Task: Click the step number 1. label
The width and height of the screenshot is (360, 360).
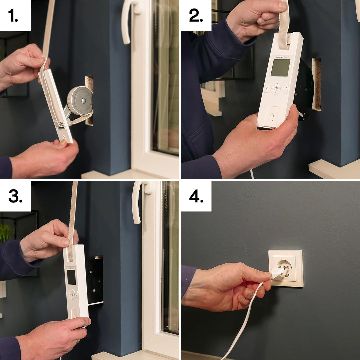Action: coord(14,16)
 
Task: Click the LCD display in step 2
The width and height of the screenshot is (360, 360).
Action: coord(280,68)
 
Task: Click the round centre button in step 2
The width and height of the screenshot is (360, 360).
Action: coord(276,88)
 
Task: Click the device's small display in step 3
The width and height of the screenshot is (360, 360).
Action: coord(71,277)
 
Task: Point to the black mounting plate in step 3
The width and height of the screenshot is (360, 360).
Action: coord(95,280)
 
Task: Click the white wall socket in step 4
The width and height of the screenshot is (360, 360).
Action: coord(286,268)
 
